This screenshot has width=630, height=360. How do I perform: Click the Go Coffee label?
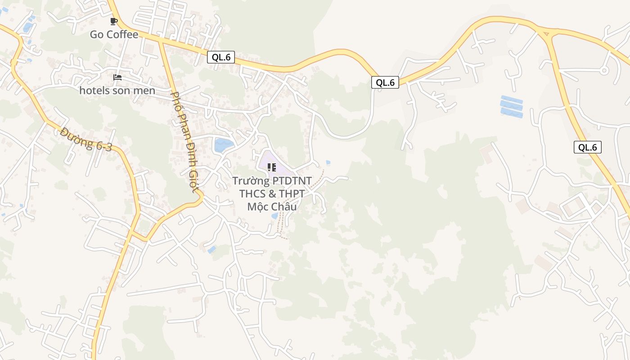[x=114, y=35]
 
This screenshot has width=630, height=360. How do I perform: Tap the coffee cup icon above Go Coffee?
[x=114, y=21]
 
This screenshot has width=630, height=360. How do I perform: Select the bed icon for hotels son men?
[x=117, y=77]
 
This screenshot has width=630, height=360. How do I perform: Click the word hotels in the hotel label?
[x=94, y=90]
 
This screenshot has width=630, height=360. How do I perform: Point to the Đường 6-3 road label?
[x=86, y=139]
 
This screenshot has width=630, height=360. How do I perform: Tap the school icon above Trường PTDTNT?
[x=272, y=167]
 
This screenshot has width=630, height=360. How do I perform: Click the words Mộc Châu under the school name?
[x=272, y=207]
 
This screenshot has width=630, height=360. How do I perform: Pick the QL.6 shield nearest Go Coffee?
[x=221, y=57]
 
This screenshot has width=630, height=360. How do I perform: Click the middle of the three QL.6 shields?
[x=385, y=82]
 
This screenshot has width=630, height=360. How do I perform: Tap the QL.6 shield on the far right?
[x=588, y=147]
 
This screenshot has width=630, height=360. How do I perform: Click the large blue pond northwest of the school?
[x=224, y=145]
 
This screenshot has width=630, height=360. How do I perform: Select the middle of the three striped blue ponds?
[x=512, y=106]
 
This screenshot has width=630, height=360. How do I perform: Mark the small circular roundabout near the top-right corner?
[x=604, y=70]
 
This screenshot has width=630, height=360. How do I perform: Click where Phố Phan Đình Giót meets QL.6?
[x=160, y=41]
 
